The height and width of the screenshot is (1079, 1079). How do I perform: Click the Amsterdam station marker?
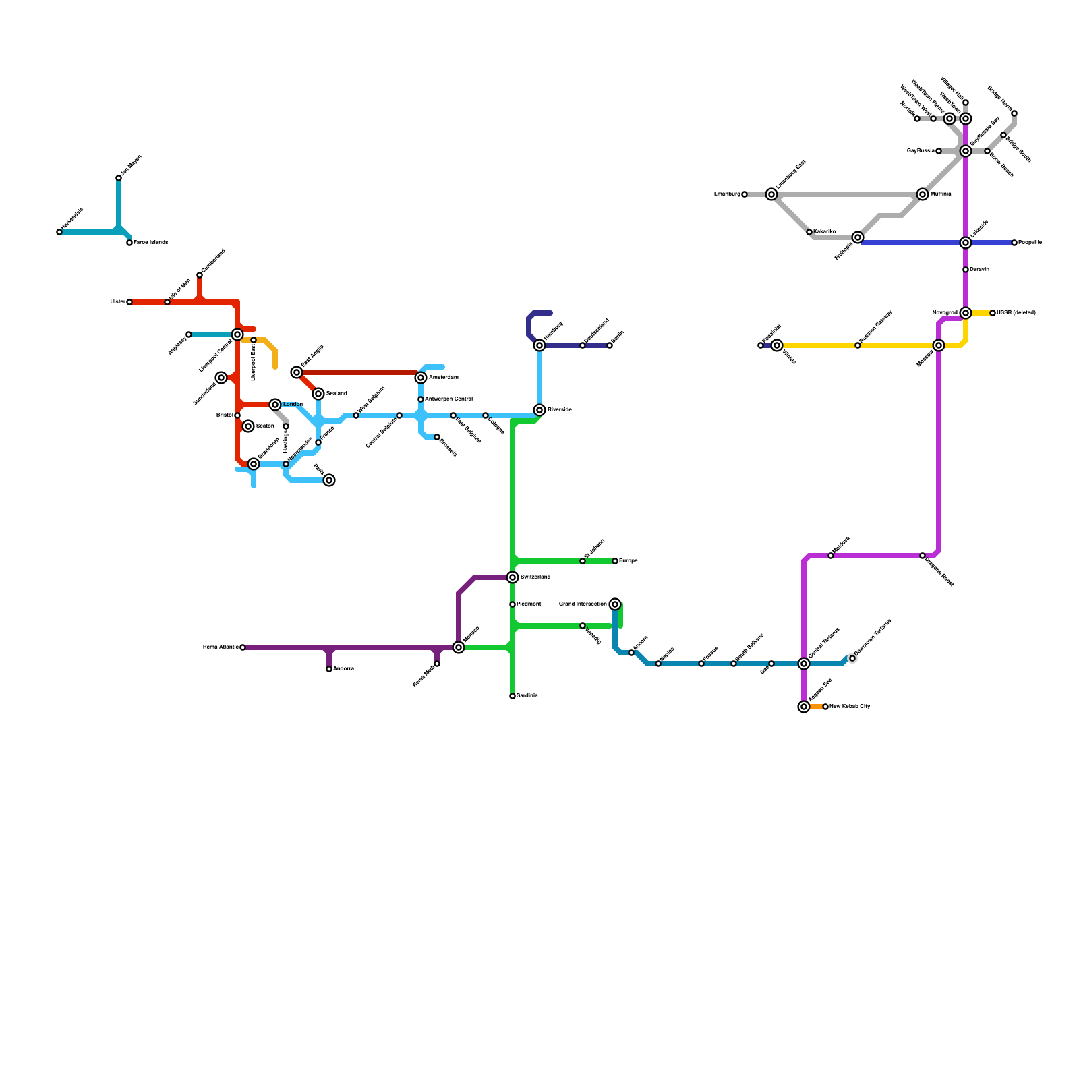421,378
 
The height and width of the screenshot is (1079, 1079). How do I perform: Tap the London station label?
293,405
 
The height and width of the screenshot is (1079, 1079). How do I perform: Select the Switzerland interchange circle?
513,577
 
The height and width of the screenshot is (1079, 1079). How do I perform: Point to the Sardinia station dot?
513,696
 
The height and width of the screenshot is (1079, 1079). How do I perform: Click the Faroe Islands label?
150,243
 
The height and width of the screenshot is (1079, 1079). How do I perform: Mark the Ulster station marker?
129,302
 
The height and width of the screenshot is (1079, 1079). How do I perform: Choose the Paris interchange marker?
329,480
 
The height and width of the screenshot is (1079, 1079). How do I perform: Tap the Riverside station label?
560,410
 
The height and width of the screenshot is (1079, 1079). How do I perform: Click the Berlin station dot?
610,345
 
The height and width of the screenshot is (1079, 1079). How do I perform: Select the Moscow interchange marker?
939,345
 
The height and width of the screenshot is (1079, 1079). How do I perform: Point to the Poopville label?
1030,243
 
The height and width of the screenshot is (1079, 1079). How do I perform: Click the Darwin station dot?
966,270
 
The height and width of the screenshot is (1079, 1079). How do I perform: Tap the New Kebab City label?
850,707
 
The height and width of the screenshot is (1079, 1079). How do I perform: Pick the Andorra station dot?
329,669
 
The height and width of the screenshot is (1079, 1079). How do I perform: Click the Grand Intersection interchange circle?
615,604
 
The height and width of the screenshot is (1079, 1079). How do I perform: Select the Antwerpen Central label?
448,399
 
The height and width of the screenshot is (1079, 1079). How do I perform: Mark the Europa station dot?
615,561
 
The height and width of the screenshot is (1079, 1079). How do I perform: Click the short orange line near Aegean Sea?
816,707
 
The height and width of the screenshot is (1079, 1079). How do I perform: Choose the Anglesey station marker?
189,334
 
